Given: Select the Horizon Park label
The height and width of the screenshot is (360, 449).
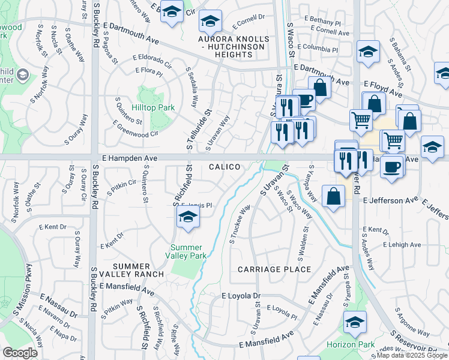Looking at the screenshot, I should tap(351, 344).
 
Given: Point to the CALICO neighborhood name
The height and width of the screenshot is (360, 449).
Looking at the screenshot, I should tap(225, 167).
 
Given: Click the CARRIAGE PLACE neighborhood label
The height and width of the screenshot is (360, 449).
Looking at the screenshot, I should tap(274, 269).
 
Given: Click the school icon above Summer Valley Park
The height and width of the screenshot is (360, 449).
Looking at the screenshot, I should tap(188, 219).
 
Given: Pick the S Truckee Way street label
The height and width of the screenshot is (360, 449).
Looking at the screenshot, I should tap(239, 226).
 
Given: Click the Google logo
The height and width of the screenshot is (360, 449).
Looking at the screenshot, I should tap(20, 353).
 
